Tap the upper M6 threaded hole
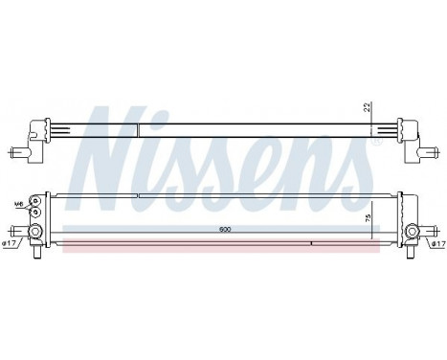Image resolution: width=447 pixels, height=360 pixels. click(x=35, y=198)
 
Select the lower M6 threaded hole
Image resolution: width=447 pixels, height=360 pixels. click(x=35, y=213)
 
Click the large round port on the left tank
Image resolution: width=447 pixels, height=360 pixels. click(x=35, y=232)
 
